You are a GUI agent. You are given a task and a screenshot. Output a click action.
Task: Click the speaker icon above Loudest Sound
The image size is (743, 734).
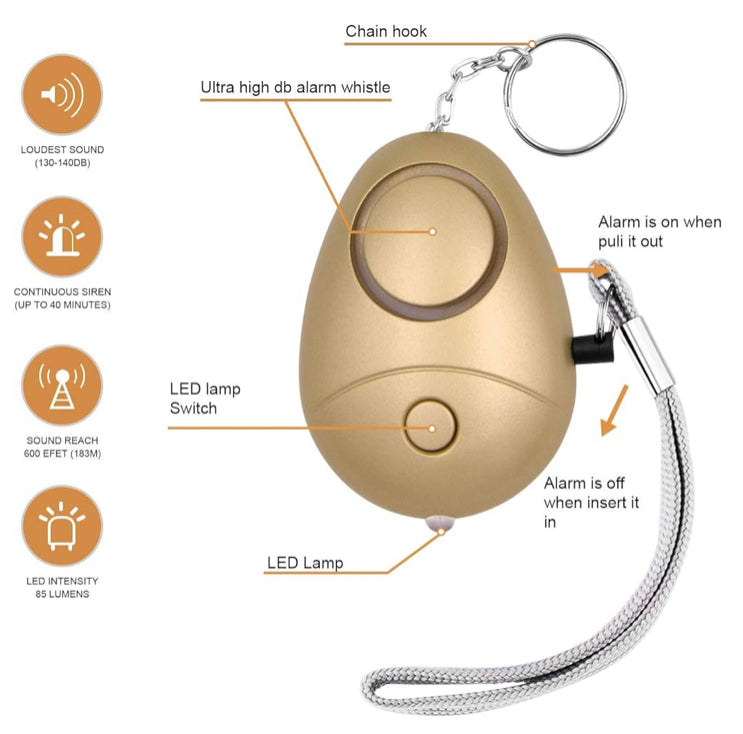click(x=62, y=94)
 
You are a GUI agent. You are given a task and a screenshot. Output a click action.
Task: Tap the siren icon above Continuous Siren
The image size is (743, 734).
click(x=62, y=236)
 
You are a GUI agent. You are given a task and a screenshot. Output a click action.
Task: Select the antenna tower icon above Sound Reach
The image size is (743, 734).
click(x=62, y=385)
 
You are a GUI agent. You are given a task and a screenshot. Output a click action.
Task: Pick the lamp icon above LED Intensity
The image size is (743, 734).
click(x=62, y=526)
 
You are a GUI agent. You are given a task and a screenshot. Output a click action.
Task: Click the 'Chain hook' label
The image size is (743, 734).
click(x=386, y=31)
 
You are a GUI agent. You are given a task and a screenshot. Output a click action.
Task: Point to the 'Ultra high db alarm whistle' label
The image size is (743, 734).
click(x=295, y=87)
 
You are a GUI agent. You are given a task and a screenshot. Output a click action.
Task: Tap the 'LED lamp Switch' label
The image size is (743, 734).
click(x=205, y=399)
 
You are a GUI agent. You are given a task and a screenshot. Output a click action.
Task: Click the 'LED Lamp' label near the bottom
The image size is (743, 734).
click(x=305, y=562)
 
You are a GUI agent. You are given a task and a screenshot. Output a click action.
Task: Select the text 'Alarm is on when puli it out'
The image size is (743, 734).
click(x=659, y=231)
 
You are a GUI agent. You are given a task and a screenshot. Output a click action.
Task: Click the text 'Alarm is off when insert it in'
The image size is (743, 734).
click(x=591, y=502)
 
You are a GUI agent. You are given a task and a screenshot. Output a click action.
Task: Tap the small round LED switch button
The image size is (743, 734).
click(x=431, y=426)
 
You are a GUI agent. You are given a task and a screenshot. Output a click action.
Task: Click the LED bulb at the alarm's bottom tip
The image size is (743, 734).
click(x=440, y=522)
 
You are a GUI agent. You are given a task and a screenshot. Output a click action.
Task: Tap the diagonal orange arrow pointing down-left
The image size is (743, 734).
click(x=614, y=410)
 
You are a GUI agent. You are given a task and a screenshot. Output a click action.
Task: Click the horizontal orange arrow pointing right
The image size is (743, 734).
click(x=580, y=270)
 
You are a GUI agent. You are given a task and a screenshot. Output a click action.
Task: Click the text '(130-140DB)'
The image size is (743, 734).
click(x=62, y=163)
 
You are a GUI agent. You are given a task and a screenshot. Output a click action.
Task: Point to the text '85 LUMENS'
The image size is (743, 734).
click(x=62, y=594)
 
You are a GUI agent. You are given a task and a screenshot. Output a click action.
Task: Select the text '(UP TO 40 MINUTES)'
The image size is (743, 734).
click(x=62, y=305)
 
